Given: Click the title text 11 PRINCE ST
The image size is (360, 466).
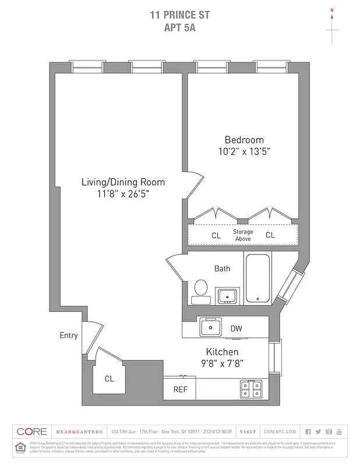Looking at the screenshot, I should [179, 15].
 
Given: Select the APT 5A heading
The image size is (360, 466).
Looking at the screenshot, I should [179, 27].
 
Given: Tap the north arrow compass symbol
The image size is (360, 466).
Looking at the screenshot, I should [332, 26].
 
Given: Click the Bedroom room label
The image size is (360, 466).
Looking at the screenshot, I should [244, 140].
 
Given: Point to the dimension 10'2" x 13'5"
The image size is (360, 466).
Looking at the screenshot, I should [244, 151].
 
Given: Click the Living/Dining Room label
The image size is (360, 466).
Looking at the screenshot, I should [123, 182].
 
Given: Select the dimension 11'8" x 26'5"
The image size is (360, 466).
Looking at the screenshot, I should [123, 194].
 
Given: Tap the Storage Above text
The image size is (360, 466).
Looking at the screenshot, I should [243, 235].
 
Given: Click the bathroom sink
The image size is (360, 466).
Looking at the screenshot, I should [226, 296].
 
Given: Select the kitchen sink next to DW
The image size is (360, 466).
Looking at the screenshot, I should [210, 327].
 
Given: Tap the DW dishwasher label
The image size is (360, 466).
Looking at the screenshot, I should [236, 329].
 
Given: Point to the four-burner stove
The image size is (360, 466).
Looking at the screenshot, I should [252, 389].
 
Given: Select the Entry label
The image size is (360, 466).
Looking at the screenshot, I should [68, 336].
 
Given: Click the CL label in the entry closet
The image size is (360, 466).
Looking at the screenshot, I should [109, 379].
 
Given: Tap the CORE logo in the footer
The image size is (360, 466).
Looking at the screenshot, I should [31, 432].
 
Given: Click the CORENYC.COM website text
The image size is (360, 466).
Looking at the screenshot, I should [280, 432].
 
